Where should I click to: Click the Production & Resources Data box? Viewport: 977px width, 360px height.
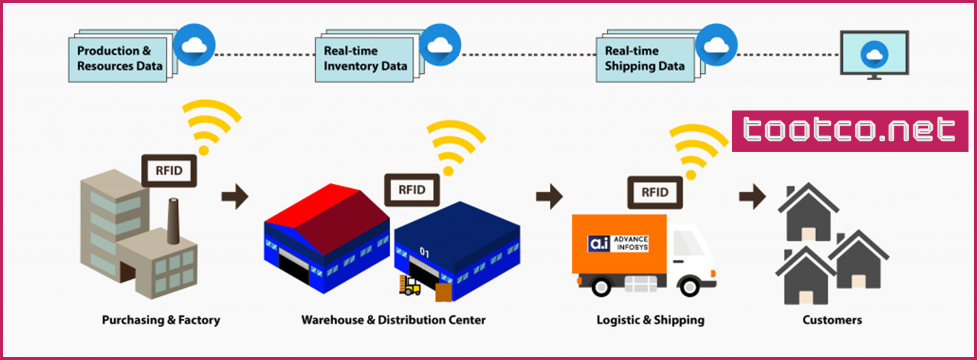118,59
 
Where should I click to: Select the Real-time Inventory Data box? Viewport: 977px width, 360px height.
365,59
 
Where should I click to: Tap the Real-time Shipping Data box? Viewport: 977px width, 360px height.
646,59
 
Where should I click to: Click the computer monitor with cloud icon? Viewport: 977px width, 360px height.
874,55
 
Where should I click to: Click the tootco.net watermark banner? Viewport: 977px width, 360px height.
850,131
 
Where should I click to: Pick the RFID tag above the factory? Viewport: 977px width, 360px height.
169,171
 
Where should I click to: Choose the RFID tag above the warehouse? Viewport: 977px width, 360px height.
411,190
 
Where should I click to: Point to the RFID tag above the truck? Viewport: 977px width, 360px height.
655,192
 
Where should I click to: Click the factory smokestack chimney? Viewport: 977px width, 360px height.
174,221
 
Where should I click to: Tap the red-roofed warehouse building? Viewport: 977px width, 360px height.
326,238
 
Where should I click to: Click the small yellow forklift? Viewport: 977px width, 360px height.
410,285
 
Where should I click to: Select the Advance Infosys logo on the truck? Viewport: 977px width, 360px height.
618,243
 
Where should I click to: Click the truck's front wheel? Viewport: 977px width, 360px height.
689,287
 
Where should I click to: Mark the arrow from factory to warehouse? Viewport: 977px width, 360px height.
235,196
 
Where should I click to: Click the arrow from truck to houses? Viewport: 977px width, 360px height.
752,196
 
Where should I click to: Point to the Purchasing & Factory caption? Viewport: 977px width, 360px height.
161,321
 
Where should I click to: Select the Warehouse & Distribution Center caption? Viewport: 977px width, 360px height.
393,321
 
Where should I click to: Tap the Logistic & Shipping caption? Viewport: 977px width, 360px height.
651,321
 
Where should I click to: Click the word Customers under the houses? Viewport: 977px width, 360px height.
832,321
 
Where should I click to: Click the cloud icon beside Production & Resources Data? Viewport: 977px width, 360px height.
194,45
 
